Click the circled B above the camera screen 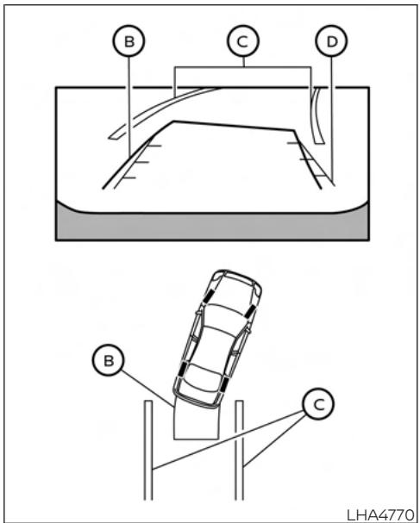(x=128, y=41)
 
